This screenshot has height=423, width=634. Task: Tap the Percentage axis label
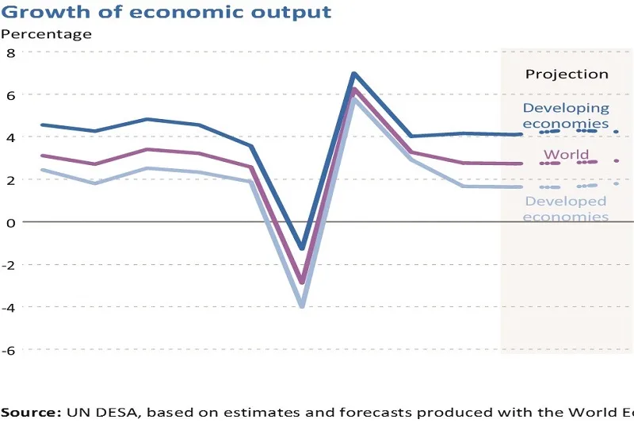tap(46, 33)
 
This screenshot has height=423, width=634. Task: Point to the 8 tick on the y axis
tap(11, 52)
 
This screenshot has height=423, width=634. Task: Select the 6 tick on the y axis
tap(11, 94)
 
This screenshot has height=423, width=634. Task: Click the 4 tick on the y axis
tap(11, 137)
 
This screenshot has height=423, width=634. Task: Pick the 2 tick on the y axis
tap(11, 179)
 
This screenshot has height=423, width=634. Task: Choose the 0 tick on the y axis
tap(11, 222)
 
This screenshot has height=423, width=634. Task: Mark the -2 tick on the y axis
tap(9, 264)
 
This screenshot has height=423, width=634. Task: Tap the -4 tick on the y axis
tap(9, 307)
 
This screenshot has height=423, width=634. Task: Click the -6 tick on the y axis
tap(9, 349)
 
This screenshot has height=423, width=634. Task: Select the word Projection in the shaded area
tap(567, 74)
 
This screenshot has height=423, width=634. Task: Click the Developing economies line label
tap(566, 115)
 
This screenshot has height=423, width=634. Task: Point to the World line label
tap(566, 155)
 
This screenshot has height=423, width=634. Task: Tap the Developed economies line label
tap(566, 209)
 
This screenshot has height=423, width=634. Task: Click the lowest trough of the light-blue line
tap(302, 306)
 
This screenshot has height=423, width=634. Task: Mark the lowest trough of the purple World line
tap(302, 282)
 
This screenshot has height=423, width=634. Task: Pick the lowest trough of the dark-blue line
tap(302, 248)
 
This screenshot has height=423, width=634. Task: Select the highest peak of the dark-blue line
tap(353, 74)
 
